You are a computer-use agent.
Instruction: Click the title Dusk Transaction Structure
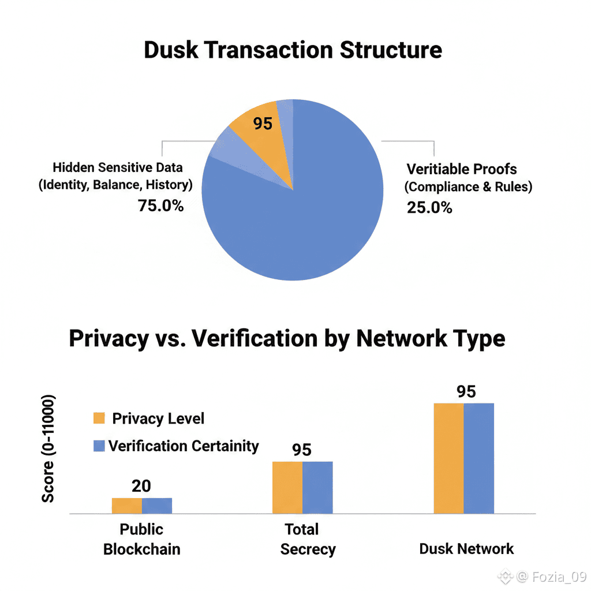click(x=293, y=50)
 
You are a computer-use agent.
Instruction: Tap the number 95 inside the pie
click(x=263, y=124)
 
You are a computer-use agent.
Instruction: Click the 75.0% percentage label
click(x=160, y=206)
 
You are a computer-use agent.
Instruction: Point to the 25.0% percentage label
click(x=429, y=208)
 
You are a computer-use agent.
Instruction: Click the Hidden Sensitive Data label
click(x=118, y=167)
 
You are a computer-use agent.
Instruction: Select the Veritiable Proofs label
click(x=462, y=169)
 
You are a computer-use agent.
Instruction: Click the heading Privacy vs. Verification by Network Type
click(x=287, y=338)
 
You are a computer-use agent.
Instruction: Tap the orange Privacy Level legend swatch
click(x=99, y=418)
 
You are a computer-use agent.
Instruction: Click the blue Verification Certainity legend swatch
click(x=99, y=446)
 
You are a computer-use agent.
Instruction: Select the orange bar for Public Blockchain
click(x=127, y=506)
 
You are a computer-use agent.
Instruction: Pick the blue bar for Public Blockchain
click(x=157, y=506)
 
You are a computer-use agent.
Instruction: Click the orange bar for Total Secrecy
click(x=287, y=487)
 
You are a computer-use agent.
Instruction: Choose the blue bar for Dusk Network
click(x=478, y=458)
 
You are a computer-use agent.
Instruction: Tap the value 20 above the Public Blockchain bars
click(x=141, y=486)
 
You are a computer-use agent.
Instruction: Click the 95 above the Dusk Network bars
click(x=466, y=392)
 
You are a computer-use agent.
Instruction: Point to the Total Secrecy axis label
click(x=308, y=540)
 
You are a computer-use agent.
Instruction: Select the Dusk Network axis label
click(x=466, y=549)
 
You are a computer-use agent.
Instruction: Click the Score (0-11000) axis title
click(x=48, y=448)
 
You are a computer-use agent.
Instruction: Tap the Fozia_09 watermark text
click(x=559, y=577)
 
